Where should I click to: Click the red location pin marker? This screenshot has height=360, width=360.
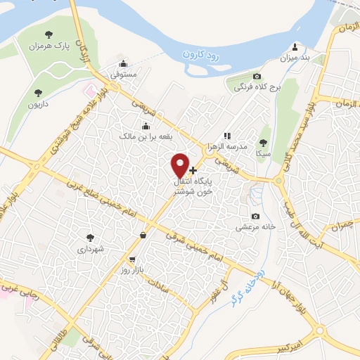(x=181, y=165)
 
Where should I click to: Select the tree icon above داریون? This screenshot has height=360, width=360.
(x=39, y=91)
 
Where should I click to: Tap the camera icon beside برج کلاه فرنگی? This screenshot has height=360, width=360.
(x=257, y=76)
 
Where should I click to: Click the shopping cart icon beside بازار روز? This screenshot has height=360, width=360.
(x=131, y=259)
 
